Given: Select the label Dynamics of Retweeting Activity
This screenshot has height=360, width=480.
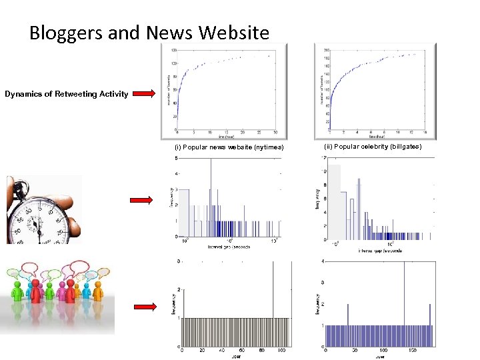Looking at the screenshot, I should [x=67, y=94].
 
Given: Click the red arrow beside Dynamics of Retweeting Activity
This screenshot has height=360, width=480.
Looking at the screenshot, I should [x=141, y=94].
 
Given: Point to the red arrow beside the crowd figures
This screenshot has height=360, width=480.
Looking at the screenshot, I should [x=141, y=307].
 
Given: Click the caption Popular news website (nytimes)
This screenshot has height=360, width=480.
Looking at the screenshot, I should [x=229, y=147].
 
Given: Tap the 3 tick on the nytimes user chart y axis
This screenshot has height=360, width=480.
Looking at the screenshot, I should [x=177, y=261].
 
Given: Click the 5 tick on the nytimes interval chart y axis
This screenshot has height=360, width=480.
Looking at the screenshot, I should [x=175, y=158].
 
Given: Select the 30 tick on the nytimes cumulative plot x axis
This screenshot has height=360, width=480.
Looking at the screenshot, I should [x=275, y=133].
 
